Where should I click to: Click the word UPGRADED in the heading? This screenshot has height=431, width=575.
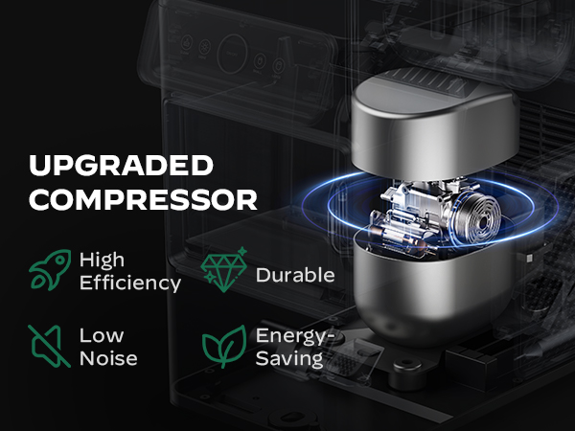tap(121, 166)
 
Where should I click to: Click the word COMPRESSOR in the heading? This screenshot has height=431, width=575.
tap(144, 200)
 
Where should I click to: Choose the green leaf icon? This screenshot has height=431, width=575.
tap(223, 348)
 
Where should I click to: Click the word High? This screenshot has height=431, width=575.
tap(103, 261)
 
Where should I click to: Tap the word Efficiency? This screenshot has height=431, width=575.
tap(129, 284)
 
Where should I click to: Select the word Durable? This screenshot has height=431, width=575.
tap(294, 275)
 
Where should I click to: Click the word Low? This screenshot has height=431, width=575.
tap(101, 336)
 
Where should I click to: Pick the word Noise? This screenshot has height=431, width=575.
tap(108, 359)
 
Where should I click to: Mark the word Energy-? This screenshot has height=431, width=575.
tap(293, 336)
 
